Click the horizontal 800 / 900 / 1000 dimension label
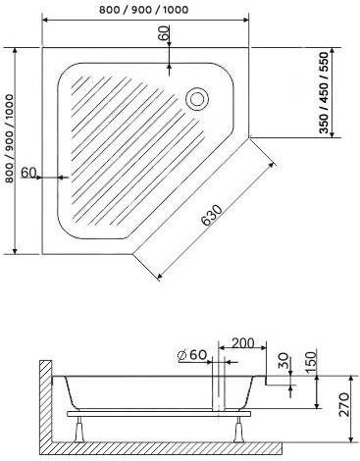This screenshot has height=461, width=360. click(143, 10)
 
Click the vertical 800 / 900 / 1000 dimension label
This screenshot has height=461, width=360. click(9, 138)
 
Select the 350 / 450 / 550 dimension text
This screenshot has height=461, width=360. click(324, 92)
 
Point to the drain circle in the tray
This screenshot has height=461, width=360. click(197, 99)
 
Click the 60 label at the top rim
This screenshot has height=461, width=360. click(164, 32)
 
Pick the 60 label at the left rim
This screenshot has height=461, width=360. click(28, 173)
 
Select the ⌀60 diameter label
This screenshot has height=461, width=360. click(192, 354)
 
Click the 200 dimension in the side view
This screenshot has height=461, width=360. click(242, 342)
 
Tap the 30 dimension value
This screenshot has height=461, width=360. click(283, 361)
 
